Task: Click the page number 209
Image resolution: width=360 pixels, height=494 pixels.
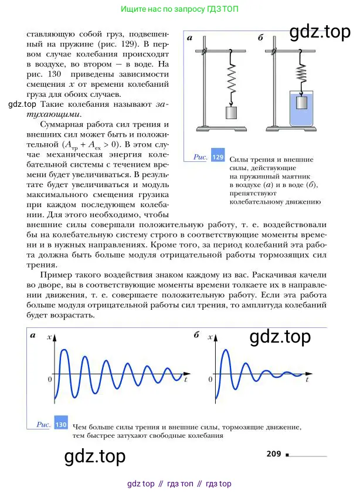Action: coord(274,453)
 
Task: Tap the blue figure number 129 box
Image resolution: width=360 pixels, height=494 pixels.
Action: coord(218,157)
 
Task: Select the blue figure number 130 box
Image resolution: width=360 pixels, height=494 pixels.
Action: coord(61,424)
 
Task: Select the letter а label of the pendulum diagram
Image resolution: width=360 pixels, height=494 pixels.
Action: coord(190,38)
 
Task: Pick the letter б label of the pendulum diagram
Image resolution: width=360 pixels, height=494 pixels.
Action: coord(260,38)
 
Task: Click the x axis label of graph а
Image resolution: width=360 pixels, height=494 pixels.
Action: coord(51,336)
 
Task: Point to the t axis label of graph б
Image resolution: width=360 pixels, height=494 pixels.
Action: coord(307,380)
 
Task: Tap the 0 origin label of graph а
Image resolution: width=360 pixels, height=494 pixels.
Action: coord(50,379)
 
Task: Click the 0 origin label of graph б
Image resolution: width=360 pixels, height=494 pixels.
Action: coord(213,379)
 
